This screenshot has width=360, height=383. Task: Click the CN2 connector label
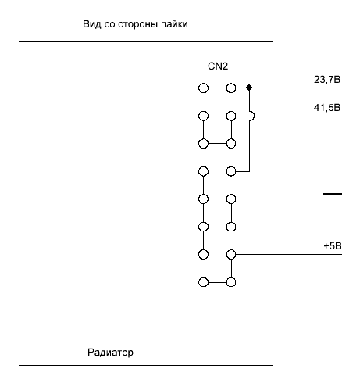218,66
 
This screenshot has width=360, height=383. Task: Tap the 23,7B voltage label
327,80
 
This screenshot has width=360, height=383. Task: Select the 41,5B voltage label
327,108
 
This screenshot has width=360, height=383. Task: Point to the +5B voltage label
333,246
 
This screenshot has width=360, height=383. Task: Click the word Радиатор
110,353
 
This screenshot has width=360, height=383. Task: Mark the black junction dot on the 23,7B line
249,88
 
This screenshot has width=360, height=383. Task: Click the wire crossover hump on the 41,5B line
253,116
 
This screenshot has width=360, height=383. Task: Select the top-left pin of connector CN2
203,88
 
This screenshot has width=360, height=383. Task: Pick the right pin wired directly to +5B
231,254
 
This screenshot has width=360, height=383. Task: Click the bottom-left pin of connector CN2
203,282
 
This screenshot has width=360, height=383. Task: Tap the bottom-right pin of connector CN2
231,282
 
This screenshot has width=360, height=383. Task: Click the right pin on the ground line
231,199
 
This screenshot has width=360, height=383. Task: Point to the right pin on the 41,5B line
231,116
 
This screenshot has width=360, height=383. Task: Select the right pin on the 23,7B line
231,88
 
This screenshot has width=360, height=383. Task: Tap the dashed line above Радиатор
146,342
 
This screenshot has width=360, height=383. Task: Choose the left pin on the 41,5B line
203,116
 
